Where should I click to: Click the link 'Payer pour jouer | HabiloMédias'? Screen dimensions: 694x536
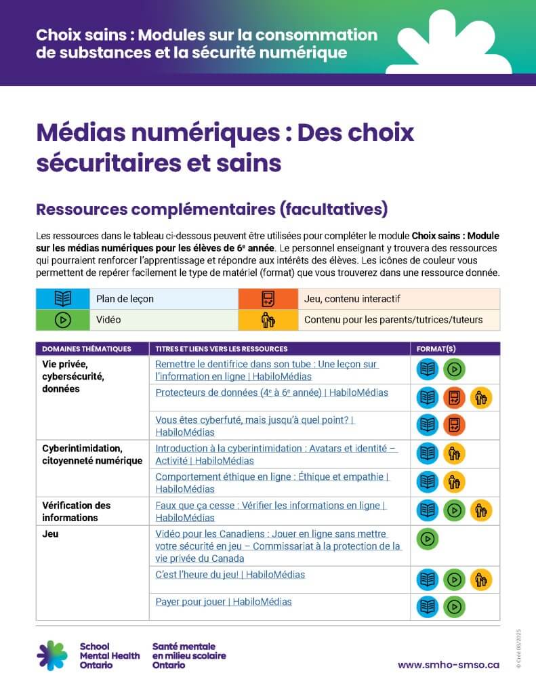tap(224, 602)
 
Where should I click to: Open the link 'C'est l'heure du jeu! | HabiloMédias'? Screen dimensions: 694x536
tap(230, 575)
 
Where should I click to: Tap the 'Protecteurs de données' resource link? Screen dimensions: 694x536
tap(272, 392)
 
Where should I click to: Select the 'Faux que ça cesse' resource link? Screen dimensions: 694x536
tap(270, 506)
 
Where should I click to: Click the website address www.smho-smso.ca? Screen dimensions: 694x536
tap(448, 665)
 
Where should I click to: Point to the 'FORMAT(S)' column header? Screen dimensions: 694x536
tap(436, 349)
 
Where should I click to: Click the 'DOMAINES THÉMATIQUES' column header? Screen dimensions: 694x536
tap(86, 349)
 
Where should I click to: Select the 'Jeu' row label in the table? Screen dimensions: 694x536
tap(50, 534)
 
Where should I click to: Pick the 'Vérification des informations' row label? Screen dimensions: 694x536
tap(76, 512)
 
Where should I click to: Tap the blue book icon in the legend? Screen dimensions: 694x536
tap(62, 299)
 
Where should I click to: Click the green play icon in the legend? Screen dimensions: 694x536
tap(62, 320)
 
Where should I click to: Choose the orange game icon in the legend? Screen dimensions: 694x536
tap(268, 299)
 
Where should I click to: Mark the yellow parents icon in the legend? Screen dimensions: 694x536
tap(268, 320)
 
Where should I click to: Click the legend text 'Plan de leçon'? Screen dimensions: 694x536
tap(125, 299)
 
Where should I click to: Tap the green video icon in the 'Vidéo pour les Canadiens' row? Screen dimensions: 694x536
tap(428, 539)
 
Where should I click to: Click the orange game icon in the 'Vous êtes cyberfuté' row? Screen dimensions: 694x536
tap(454, 425)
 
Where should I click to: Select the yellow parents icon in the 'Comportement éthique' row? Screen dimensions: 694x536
tap(454, 482)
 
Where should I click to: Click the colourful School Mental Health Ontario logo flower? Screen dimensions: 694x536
tap(52, 655)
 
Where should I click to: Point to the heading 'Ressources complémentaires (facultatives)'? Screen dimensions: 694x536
tap(211, 209)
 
